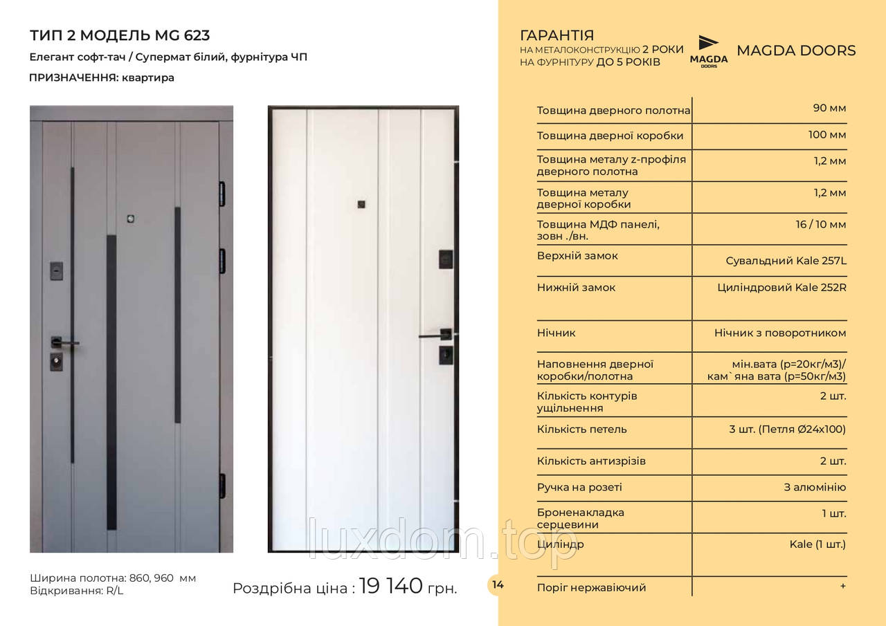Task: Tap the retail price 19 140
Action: tap(390, 587)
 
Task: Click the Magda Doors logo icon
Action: tap(708, 49)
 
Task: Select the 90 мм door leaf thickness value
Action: tap(829, 108)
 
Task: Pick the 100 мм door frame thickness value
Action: tap(827, 134)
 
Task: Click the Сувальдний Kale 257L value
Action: tap(786, 261)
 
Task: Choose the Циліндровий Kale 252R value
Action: tap(782, 287)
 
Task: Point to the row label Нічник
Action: tap(556, 333)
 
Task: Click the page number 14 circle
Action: tap(498, 584)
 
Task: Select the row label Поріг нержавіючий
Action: tap(591, 587)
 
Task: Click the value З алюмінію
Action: tap(815, 487)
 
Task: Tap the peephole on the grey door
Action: tap(129, 219)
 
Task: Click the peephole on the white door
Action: tap(361, 203)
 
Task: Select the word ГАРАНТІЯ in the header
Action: tap(556, 35)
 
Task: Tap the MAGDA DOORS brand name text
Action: tap(796, 50)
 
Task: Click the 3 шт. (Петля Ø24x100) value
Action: tap(787, 429)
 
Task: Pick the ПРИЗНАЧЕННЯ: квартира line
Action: tap(102, 77)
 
